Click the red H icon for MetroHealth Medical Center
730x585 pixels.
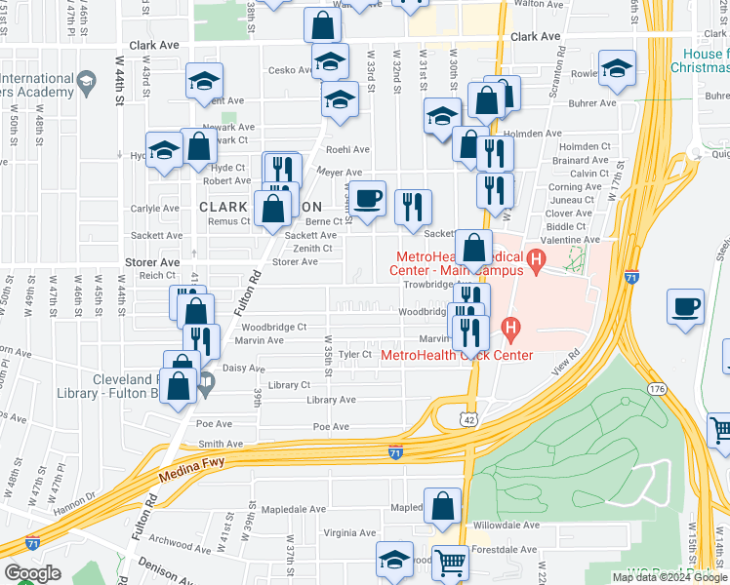pos(535,260)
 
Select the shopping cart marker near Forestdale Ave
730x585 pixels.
pos(449,562)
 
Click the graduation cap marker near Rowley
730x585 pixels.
pos(616,69)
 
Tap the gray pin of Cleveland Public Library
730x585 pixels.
pos(206,387)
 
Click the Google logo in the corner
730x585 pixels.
pos(32,573)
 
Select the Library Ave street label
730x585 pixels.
pos(330,401)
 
